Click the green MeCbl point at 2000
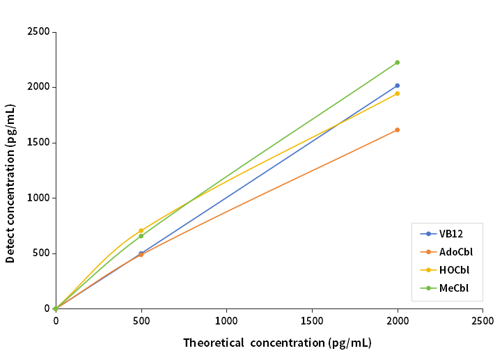pyautogui.click(x=397, y=63)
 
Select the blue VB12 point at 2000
pyautogui.click(x=397, y=86)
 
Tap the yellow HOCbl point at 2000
pyautogui.click(x=397, y=93)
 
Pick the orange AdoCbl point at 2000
pyautogui.click(x=397, y=130)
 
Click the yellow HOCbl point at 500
pyautogui.click(x=141, y=230)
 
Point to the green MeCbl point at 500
pyautogui.click(x=141, y=236)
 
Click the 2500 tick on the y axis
pyautogui.click(x=38, y=32)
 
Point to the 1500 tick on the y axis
pyautogui.click(x=38, y=143)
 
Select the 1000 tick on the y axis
pyautogui.click(x=38, y=198)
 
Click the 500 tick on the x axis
pyautogui.click(x=141, y=321)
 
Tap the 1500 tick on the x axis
pyautogui.click(x=312, y=321)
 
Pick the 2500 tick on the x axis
pyautogui.click(x=483, y=321)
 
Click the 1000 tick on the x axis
pyautogui.click(x=226, y=321)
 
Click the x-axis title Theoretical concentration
pyautogui.click(x=277, y=343)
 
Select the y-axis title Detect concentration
pyautogui.click(x=10, y=184)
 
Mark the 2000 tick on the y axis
pyautogui.click(x=38, y=87)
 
